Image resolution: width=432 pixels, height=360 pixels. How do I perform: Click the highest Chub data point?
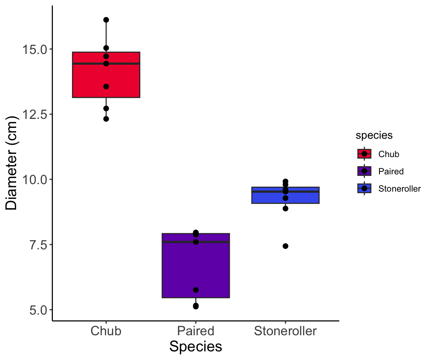(x=106, y=19)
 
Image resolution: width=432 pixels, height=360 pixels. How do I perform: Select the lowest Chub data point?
(x=106, y=119)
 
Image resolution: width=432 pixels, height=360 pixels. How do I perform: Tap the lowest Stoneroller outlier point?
(x=285, y=246)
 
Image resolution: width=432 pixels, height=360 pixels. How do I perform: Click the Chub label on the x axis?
(x=106, y=331)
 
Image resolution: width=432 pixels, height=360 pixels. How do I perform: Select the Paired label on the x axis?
(x=196, y=331)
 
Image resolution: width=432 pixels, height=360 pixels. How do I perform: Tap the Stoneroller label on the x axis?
(x=285, y=331)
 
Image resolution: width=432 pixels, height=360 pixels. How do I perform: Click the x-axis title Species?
(x=196, y=346)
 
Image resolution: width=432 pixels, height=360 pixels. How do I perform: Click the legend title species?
(x=374, y=135)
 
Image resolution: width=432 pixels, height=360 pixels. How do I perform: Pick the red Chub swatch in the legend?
(x=364, y=154)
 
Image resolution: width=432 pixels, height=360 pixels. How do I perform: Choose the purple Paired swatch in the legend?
(x=364, y=171)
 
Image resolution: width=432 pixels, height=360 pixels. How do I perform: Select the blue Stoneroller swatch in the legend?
(x=364, y=188)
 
